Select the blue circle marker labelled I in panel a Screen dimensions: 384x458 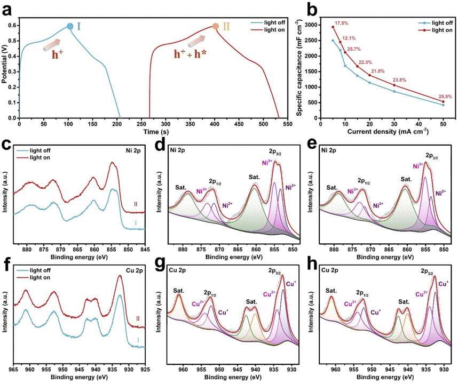pos(69,26)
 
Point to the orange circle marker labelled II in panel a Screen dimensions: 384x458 pos(216,26)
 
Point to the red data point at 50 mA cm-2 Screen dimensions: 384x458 pos(443,101)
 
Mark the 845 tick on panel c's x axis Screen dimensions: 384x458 pos(145,249)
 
